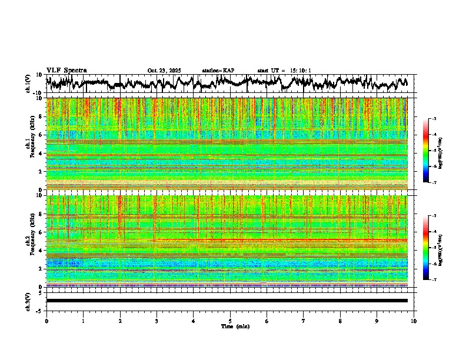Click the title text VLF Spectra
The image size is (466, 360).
point(66,70)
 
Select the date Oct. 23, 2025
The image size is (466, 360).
point(164,71)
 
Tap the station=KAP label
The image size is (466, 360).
point(218,71)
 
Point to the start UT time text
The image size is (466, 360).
point(284,71)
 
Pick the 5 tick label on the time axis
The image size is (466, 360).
point(230,321)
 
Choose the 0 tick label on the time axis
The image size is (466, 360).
point(46,321)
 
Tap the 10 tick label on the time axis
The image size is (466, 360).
point(414,321)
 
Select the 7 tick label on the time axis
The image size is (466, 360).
point(304,321)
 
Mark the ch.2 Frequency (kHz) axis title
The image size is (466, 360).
point(30,241)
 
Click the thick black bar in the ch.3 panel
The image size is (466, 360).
point(227,301)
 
